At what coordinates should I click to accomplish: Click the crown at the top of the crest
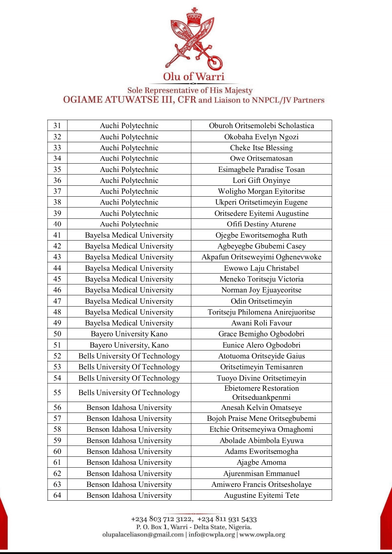194,16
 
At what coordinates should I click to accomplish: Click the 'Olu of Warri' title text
194,77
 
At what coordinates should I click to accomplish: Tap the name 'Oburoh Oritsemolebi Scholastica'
261,126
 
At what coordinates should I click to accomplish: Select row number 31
57,126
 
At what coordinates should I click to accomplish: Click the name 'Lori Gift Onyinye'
261,180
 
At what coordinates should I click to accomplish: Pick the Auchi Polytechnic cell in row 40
129,224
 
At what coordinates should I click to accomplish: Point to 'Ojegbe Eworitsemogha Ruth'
261,235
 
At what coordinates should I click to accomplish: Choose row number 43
57,257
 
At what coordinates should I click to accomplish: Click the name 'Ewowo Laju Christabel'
261,268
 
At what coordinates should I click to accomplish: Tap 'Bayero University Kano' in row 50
129,334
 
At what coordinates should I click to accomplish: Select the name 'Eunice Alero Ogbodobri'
261,345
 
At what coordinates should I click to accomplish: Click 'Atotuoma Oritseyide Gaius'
261,356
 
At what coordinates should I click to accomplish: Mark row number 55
57,393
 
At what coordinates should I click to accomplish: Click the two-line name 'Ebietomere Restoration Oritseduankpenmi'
261,393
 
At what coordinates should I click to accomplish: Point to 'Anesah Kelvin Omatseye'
261,407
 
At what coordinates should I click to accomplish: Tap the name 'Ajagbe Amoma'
261,462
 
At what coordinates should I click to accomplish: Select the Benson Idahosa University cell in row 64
129,495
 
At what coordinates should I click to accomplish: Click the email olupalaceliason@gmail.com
143,534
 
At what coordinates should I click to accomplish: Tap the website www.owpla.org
262,534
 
